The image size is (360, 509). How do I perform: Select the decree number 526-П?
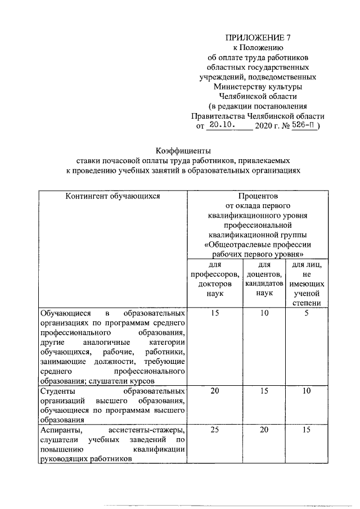[304, 125]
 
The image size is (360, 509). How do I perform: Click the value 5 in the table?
[306, 312]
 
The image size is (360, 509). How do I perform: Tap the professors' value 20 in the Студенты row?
[215, 390]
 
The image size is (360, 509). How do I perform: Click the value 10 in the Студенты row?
[306, 390]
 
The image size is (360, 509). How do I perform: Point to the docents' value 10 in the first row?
[264, 312]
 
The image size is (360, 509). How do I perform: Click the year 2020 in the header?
[263, 127]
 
